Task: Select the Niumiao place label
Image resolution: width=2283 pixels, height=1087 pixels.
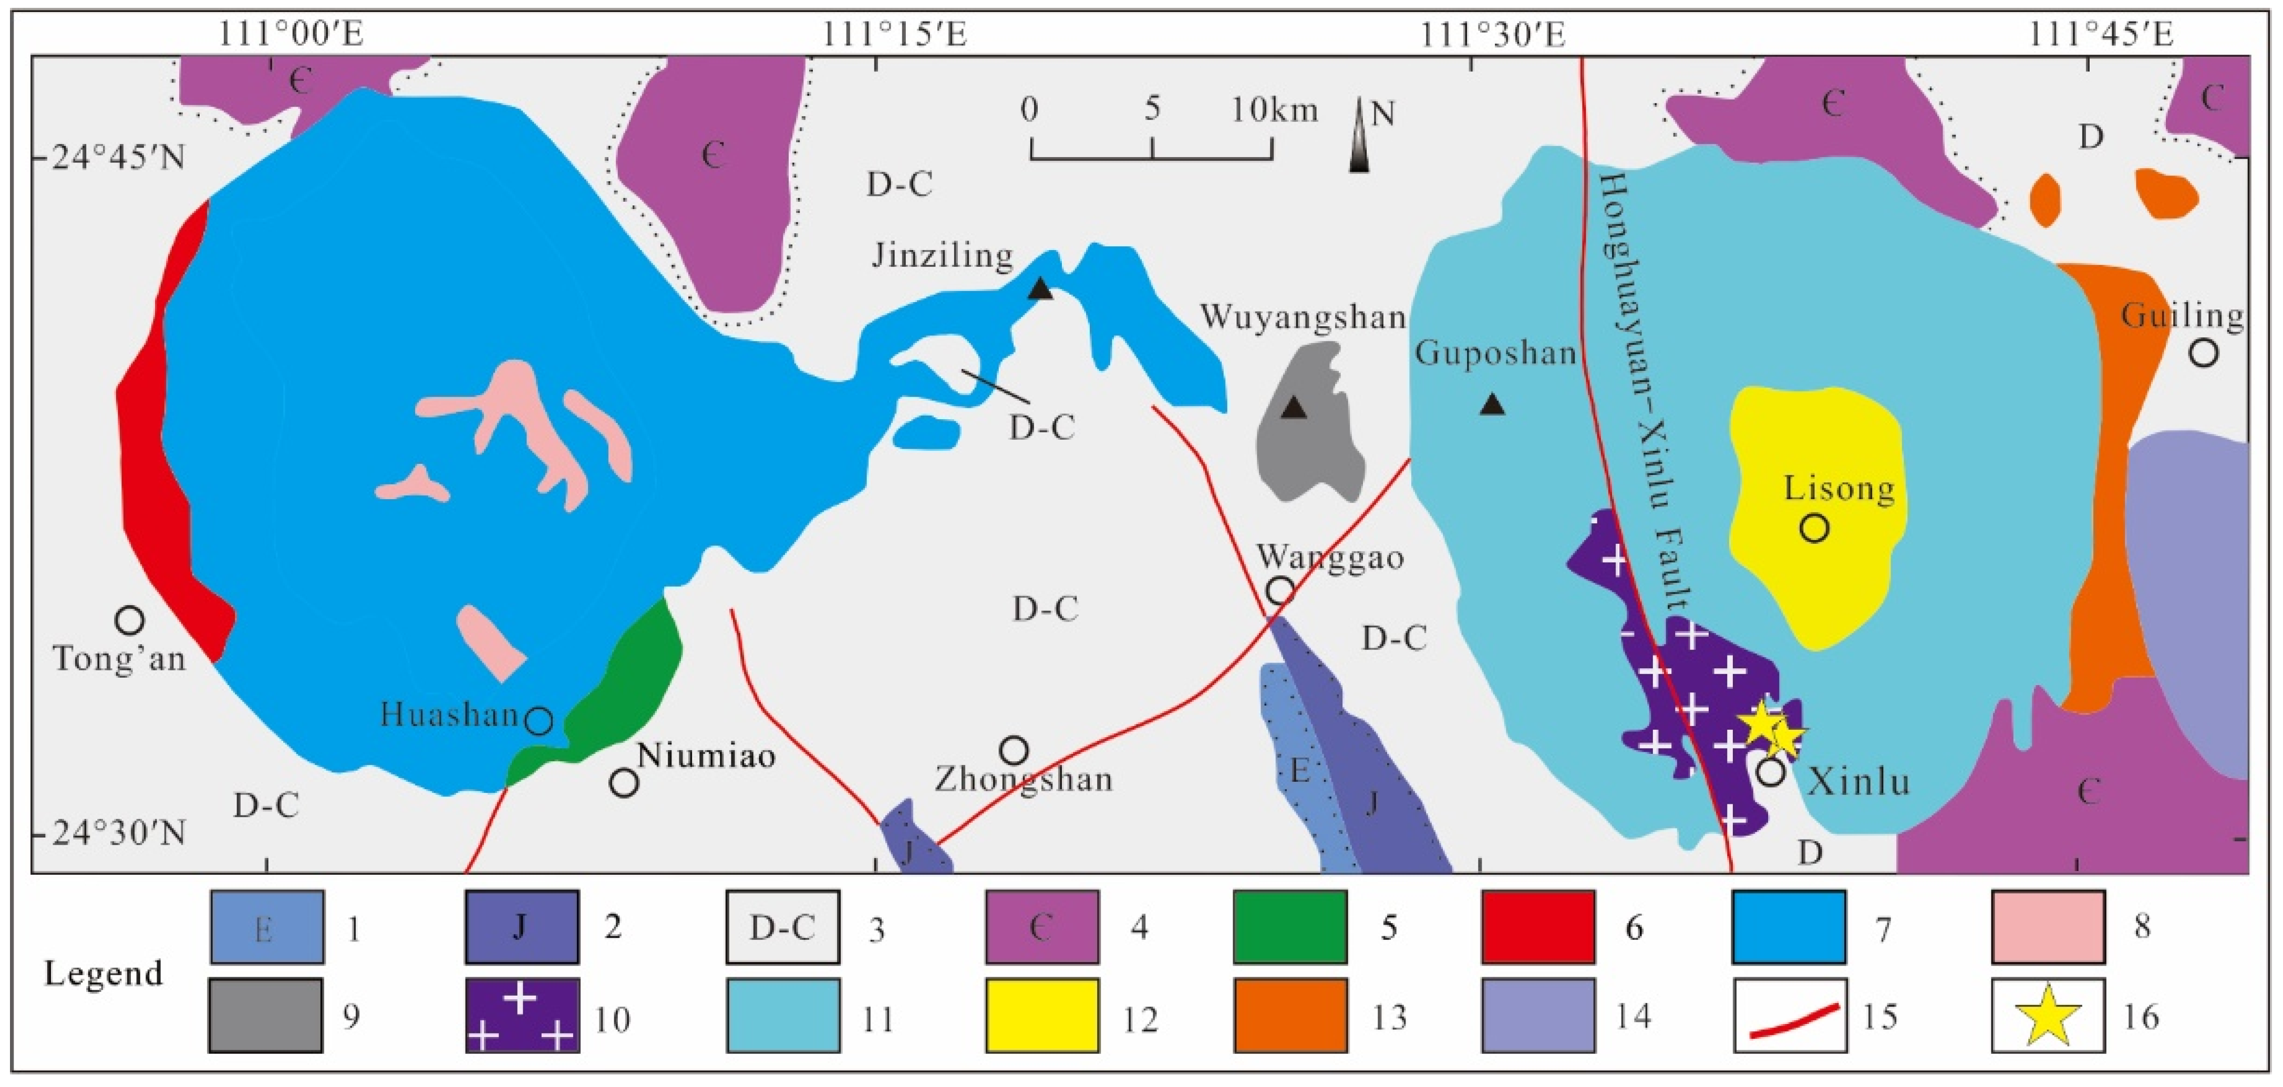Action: click(706, 755)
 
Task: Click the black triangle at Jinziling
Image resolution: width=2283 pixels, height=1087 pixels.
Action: click(1040, 289)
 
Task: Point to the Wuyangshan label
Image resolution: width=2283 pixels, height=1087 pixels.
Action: click(1303, 316)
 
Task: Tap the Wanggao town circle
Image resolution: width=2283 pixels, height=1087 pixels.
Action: click(1280, 590)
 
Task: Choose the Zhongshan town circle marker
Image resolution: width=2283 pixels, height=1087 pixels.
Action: click(1014, 750)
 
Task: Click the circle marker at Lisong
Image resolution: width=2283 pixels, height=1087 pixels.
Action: click(1814, 528)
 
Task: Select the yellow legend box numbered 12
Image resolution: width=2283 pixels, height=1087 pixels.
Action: click(1042, 1014)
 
